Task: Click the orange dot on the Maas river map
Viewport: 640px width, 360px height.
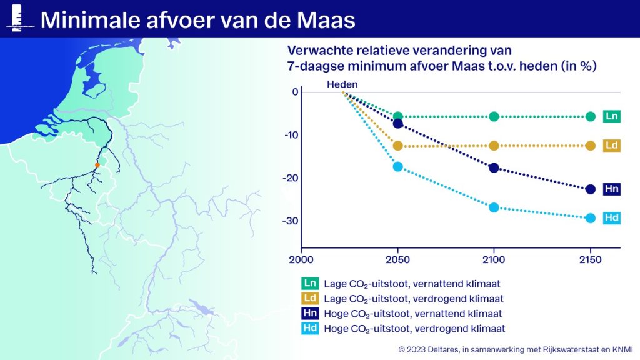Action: (97, 165)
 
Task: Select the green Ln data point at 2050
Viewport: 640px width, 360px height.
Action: (397, 116)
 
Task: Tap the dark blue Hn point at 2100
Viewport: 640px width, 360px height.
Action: (494, 167)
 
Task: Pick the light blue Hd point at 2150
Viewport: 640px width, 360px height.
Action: (590, 218)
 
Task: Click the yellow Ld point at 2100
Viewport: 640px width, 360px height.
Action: (494, 146)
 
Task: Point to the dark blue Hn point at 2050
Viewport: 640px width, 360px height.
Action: (397, 124)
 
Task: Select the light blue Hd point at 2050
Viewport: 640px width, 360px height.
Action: (397, 166)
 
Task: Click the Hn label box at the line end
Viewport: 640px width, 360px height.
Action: (611, 189)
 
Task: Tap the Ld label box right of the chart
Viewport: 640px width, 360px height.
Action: (611, 145)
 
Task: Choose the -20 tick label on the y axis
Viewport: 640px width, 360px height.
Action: (291, 178)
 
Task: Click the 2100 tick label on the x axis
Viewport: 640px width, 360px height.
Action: (494, 259)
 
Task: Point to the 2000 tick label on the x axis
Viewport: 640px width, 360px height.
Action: (301, 259)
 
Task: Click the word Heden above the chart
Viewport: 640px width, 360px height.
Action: (342, 84)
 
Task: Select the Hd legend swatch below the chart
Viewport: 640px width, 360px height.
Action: (310, 329)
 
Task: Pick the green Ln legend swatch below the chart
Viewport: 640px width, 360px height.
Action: (310, 283)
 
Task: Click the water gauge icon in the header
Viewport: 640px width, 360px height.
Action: (17, 18)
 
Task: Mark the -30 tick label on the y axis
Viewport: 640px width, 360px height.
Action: (291, 221)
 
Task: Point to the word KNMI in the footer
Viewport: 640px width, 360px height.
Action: (622, 349)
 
